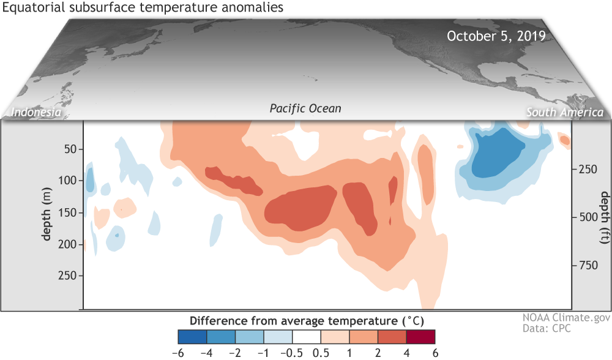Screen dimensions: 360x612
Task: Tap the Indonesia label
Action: click(34, 113)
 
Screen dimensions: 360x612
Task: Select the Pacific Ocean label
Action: click(305, 108)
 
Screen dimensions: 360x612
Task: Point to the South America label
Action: click(565, 113)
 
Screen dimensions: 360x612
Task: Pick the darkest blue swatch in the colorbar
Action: click(192, 336)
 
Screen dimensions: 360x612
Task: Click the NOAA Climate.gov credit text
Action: click(558, 318)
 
